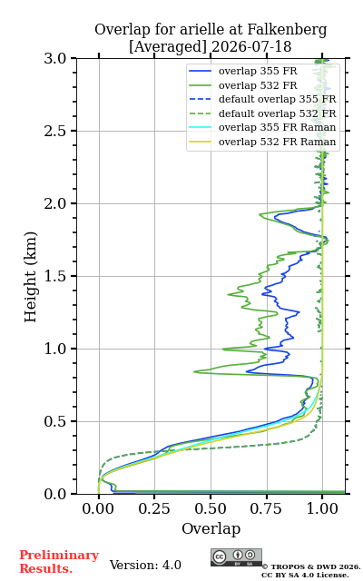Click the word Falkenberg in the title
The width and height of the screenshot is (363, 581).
coord(287,30)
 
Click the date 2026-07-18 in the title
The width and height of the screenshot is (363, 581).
coord(251,47)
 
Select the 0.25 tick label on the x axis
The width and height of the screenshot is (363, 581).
coord(154,508)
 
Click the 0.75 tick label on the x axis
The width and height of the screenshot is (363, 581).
coord(266,508)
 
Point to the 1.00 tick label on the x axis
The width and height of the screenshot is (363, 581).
coord(322,508)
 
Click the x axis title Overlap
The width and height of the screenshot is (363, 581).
coord(211,528)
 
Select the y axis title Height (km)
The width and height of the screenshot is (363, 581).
coord(30,277)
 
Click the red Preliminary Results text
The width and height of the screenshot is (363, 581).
coord(59,562)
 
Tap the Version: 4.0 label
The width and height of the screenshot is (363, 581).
coord(145,565)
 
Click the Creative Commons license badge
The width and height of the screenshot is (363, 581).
coord(236,557)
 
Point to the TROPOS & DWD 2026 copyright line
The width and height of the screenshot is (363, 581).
coord(310,566)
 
